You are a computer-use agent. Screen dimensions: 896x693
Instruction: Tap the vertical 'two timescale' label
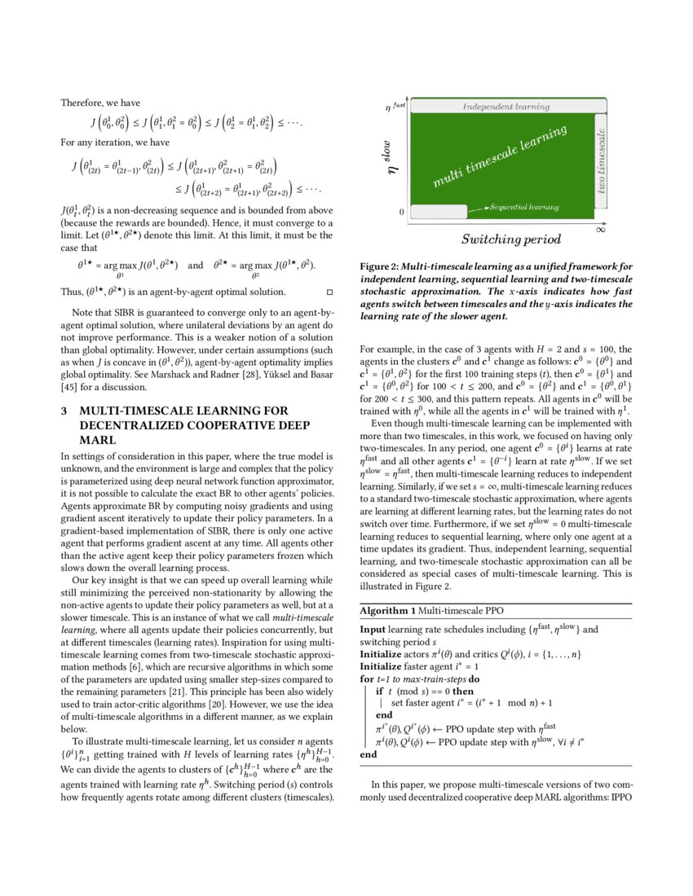pyautogui.click(x=603, y=160)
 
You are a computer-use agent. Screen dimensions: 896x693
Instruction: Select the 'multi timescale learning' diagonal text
pyautogui.click(x=499, y=157)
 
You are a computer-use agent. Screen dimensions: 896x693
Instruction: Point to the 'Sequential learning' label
pyautogui.click(x=523, y=209)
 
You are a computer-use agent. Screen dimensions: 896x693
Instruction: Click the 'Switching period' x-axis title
pyautogui.click(x=510, y=239)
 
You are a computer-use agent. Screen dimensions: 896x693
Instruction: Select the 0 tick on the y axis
pyautogui.click(x=401, y=212)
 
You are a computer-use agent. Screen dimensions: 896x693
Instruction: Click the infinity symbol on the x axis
pyautogui.click(x=601, y=229)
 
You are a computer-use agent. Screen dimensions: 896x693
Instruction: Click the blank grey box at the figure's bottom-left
pyautogui.click(x=437, y=212)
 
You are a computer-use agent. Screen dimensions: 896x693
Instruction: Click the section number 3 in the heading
pyautogui.click(x=64, y=411)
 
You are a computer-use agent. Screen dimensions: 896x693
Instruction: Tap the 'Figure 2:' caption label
pyautogui.click(x=382, y=266)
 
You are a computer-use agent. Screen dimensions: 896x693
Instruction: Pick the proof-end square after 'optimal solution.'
pyautogui.click(x=329, y=291)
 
